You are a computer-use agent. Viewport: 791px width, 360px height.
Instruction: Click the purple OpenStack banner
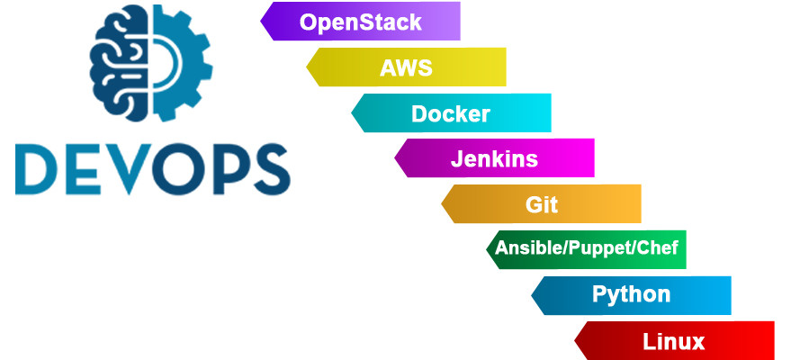point(361,22)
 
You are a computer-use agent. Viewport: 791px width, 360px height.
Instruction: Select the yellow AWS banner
point(406,67)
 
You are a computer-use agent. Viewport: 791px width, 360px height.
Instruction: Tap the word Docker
point(450,114)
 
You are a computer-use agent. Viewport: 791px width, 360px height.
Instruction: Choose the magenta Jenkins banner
point(494,159)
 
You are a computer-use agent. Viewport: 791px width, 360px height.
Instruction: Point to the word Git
point(541,204)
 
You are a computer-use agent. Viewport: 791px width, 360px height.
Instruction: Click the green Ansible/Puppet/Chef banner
point(586,248)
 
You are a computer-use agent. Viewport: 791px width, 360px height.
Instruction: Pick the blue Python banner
point(631,294)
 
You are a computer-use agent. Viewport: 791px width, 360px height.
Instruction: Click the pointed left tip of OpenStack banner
point(264,22)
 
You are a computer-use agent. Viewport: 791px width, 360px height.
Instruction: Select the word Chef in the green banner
point(657,248)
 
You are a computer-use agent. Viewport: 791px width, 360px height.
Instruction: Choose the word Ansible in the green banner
point(526,248)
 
